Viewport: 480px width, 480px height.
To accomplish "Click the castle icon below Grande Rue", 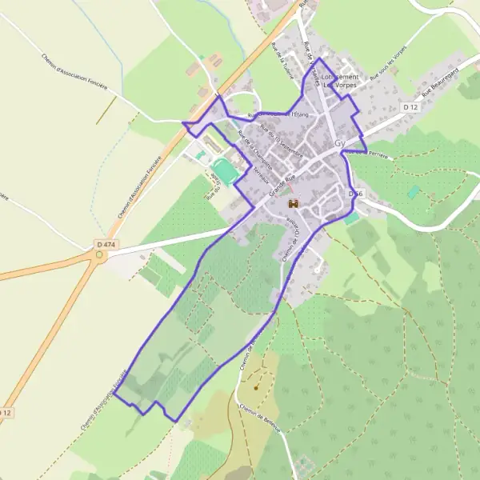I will pos(292,203).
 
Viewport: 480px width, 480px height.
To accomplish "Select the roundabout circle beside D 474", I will pos(99,256).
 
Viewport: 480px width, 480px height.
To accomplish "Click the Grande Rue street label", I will pos(282,186).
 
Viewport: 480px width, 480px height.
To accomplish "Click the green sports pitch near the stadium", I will pos(223,171).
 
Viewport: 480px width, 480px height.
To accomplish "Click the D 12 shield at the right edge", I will pos(410,106).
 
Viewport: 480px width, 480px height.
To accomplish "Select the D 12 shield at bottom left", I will pos(6,413).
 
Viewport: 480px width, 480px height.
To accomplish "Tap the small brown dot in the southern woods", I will pos(256,387).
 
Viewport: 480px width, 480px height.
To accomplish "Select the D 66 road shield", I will pos(356,194).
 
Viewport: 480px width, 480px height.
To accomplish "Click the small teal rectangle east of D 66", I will pos(414,192).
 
